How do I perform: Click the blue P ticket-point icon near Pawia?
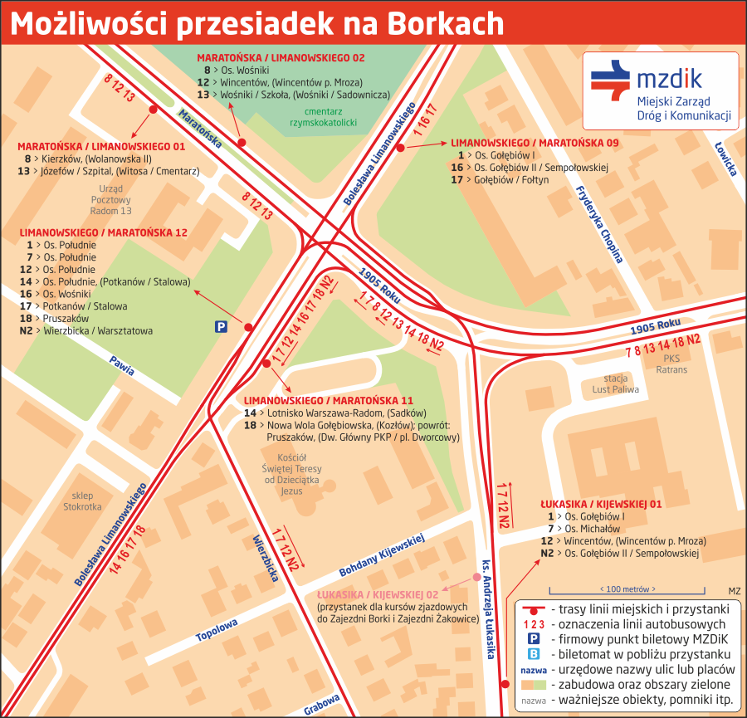(x=221, y=327)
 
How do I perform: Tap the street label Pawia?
(x=121, y=365)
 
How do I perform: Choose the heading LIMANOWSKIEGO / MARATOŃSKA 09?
(x=535, y=143)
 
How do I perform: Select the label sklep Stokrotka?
(x=82, y=501)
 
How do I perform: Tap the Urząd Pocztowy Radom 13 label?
(x=110, y=199)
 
